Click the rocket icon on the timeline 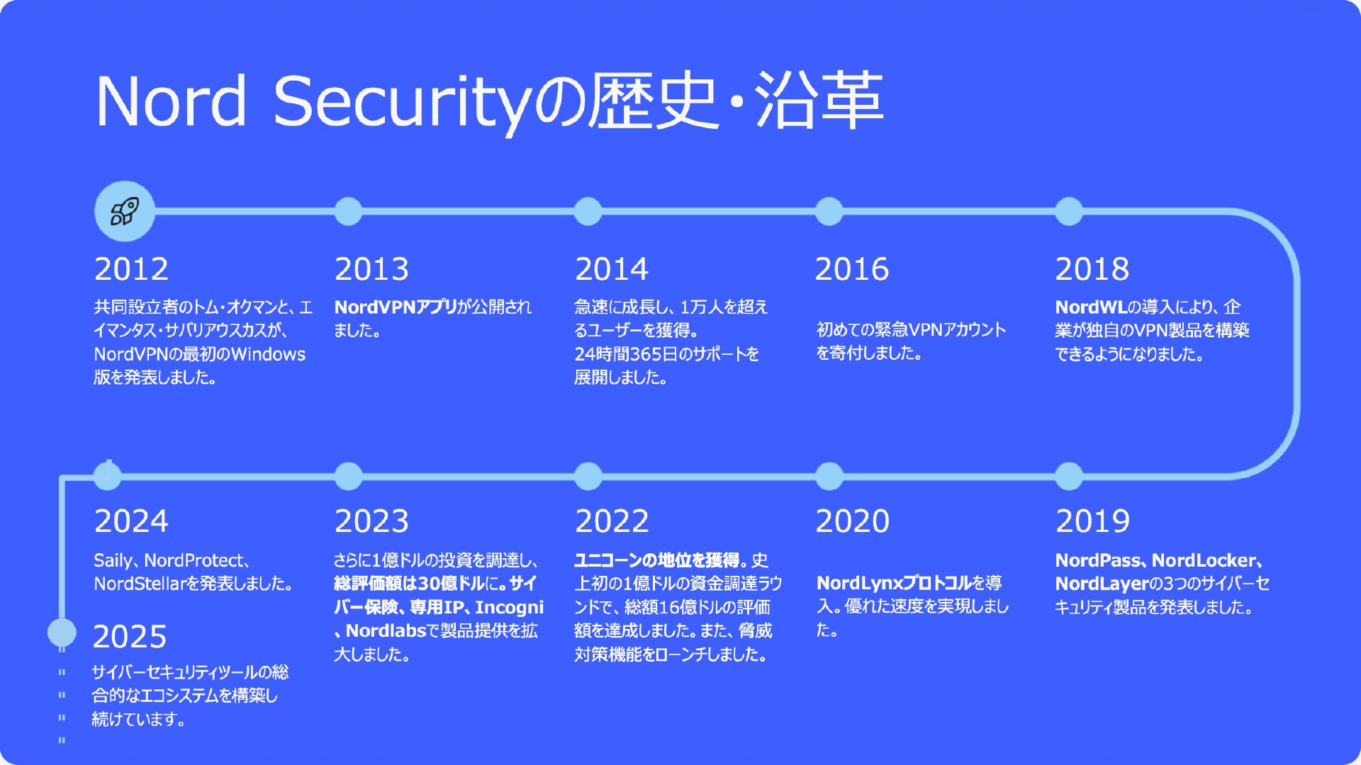(x=125, y=211)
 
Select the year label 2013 (x=371, y=269)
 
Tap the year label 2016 (x=852, y=269)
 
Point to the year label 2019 (x=1092, y=521)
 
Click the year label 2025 (x=130, y=637)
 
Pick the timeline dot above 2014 (x=588, y=211)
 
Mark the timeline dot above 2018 (x=1069, y=211)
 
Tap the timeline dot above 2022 (x=588, y=476)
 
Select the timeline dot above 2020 (x=829, y=476)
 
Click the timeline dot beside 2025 (x=62, y=632)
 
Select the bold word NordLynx (x=860, y=583)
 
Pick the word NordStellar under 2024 (x=140, y=584)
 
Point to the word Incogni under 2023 (x=509, y=608)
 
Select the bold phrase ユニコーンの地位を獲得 (x=657, y=560)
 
